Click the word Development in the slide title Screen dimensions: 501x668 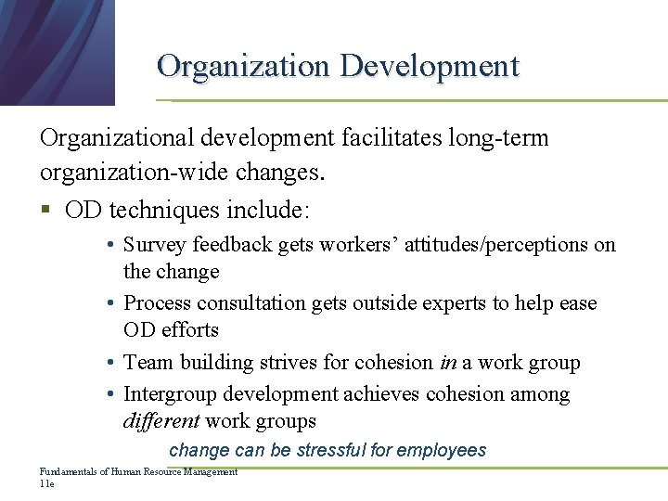point(430,66)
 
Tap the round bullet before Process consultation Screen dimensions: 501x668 point(109,303)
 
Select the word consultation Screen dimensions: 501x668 point(250,303)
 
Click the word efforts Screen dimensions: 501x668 point(189,329)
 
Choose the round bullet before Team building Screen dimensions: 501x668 point(109,363)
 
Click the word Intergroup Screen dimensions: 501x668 point(167,394)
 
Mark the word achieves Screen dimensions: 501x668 point(382,394)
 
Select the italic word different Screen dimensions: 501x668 point(161,420)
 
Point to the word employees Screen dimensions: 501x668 point(441,451)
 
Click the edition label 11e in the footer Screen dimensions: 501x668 point(47,484)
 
